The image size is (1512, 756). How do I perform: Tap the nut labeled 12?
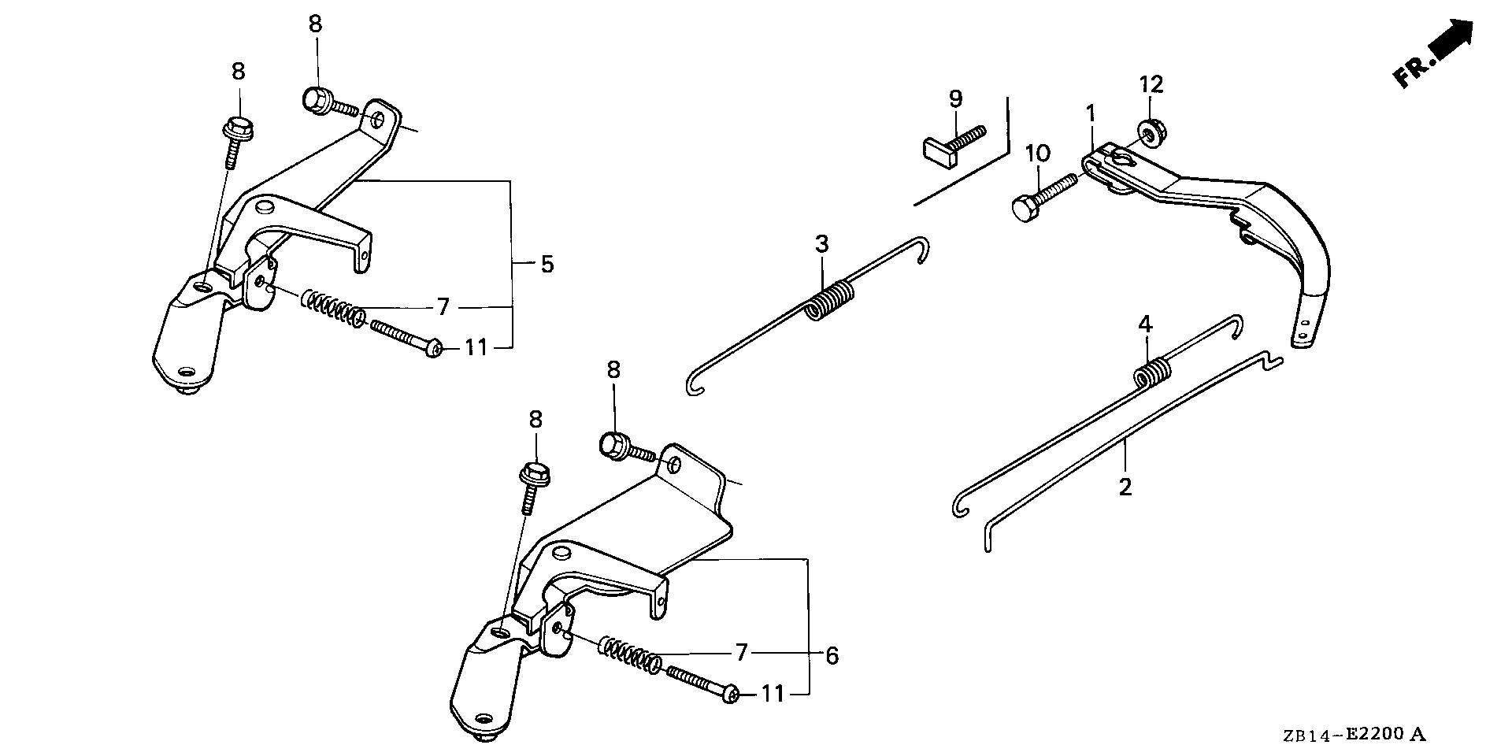[1149, 132]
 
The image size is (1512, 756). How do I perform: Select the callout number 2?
[1125, 486]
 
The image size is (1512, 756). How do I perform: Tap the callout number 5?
[547, 264]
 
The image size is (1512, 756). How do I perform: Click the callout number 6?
[832, 655]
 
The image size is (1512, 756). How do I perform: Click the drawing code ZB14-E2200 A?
[1352, 736]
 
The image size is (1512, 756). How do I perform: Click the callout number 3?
[821, 244]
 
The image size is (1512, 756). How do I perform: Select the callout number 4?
[1145, 324]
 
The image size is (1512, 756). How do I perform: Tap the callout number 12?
[1151, 84]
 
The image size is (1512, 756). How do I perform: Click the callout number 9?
[955, 98]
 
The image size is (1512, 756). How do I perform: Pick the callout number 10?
[1037, 154]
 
